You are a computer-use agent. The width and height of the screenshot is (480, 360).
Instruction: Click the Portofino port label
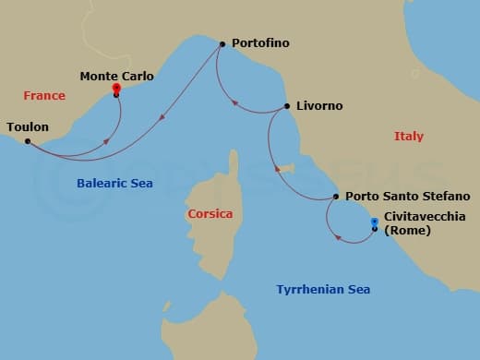point(263,43)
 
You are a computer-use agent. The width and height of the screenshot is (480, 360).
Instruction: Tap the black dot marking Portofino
point(222,43)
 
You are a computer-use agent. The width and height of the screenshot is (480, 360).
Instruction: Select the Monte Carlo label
point(117,76)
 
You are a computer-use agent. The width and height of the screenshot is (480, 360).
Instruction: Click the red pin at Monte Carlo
point(116,90)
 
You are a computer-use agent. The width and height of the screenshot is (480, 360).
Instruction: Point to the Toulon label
point(28,126)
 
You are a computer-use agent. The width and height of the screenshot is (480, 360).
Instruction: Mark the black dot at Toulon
point(28,141)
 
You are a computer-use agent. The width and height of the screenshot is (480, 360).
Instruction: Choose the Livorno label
point(318,106)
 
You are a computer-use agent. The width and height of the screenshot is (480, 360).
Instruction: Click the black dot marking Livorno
point(286,106)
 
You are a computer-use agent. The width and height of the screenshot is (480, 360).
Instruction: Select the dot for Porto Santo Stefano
point(335,197)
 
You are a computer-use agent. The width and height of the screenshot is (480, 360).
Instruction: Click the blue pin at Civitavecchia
point(374,222)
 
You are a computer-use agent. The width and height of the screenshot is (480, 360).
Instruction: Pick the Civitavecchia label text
point(425,217)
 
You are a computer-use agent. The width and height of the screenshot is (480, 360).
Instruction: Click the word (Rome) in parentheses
point(407,231)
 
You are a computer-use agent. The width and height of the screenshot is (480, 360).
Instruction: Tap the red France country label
point(45,95)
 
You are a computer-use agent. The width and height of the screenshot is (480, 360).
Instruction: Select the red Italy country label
point(409,137)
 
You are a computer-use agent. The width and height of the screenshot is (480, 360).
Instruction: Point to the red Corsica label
point(210,214)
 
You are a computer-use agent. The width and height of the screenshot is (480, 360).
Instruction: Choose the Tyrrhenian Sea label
point(323,290)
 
